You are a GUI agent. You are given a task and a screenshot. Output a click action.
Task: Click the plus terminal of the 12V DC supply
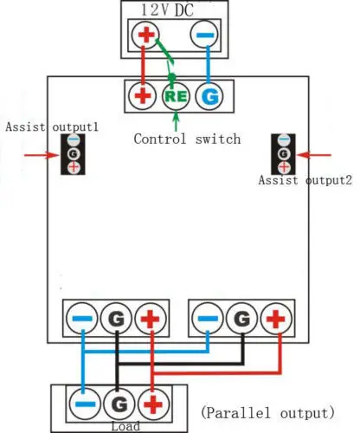145,35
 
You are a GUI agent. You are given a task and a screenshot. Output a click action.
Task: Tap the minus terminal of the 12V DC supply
204,35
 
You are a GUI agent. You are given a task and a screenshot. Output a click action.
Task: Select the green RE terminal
176,96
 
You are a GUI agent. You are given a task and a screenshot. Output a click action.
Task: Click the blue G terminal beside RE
209,96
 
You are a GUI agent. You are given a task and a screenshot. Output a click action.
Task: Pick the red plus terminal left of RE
142,96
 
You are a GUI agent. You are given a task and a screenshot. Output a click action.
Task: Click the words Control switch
187,139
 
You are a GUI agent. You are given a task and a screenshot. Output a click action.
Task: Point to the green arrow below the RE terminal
176,121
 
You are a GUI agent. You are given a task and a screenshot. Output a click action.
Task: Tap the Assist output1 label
52,127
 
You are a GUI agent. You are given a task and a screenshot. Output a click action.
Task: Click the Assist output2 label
305,180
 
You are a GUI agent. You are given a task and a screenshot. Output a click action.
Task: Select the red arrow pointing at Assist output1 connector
42,155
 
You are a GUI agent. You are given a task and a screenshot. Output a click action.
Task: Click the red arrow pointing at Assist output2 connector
314,155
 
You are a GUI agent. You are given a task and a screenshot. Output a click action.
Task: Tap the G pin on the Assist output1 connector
74,154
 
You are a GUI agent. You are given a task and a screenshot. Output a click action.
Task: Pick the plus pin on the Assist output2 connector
284,167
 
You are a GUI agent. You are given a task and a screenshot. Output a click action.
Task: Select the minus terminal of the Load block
85,404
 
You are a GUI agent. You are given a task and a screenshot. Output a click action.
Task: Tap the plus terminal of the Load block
153,404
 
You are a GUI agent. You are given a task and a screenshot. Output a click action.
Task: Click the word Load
125,426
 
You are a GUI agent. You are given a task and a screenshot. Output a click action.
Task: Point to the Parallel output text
267,413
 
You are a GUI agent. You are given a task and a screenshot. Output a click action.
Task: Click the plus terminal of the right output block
276,319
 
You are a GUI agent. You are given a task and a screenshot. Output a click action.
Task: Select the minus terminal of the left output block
82,319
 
